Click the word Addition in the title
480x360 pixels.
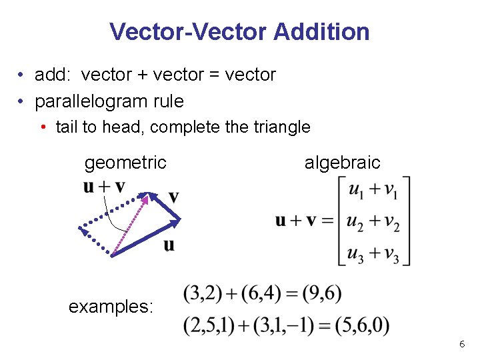pyautogui.click(x=321, y=31)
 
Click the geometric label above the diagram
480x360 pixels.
pyautogui.click(x=125, y=162)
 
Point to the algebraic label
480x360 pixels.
pyautogui.click(x=342, y=162)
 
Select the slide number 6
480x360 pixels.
pyautogui.click(x=461, y=344)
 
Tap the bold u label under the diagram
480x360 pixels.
pyautogui.click(x=169, y=245)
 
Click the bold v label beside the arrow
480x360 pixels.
pyautogui.click(x=173, y=197)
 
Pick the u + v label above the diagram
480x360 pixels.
pyautogui.click(x=104, y=187)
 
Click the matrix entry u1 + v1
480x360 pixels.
pyautogui.click(x=373, y=191)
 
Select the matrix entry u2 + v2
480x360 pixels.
pyautogui.click(x=373, y=223)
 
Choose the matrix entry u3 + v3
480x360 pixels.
pyautogui.click(x=373, y=255)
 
